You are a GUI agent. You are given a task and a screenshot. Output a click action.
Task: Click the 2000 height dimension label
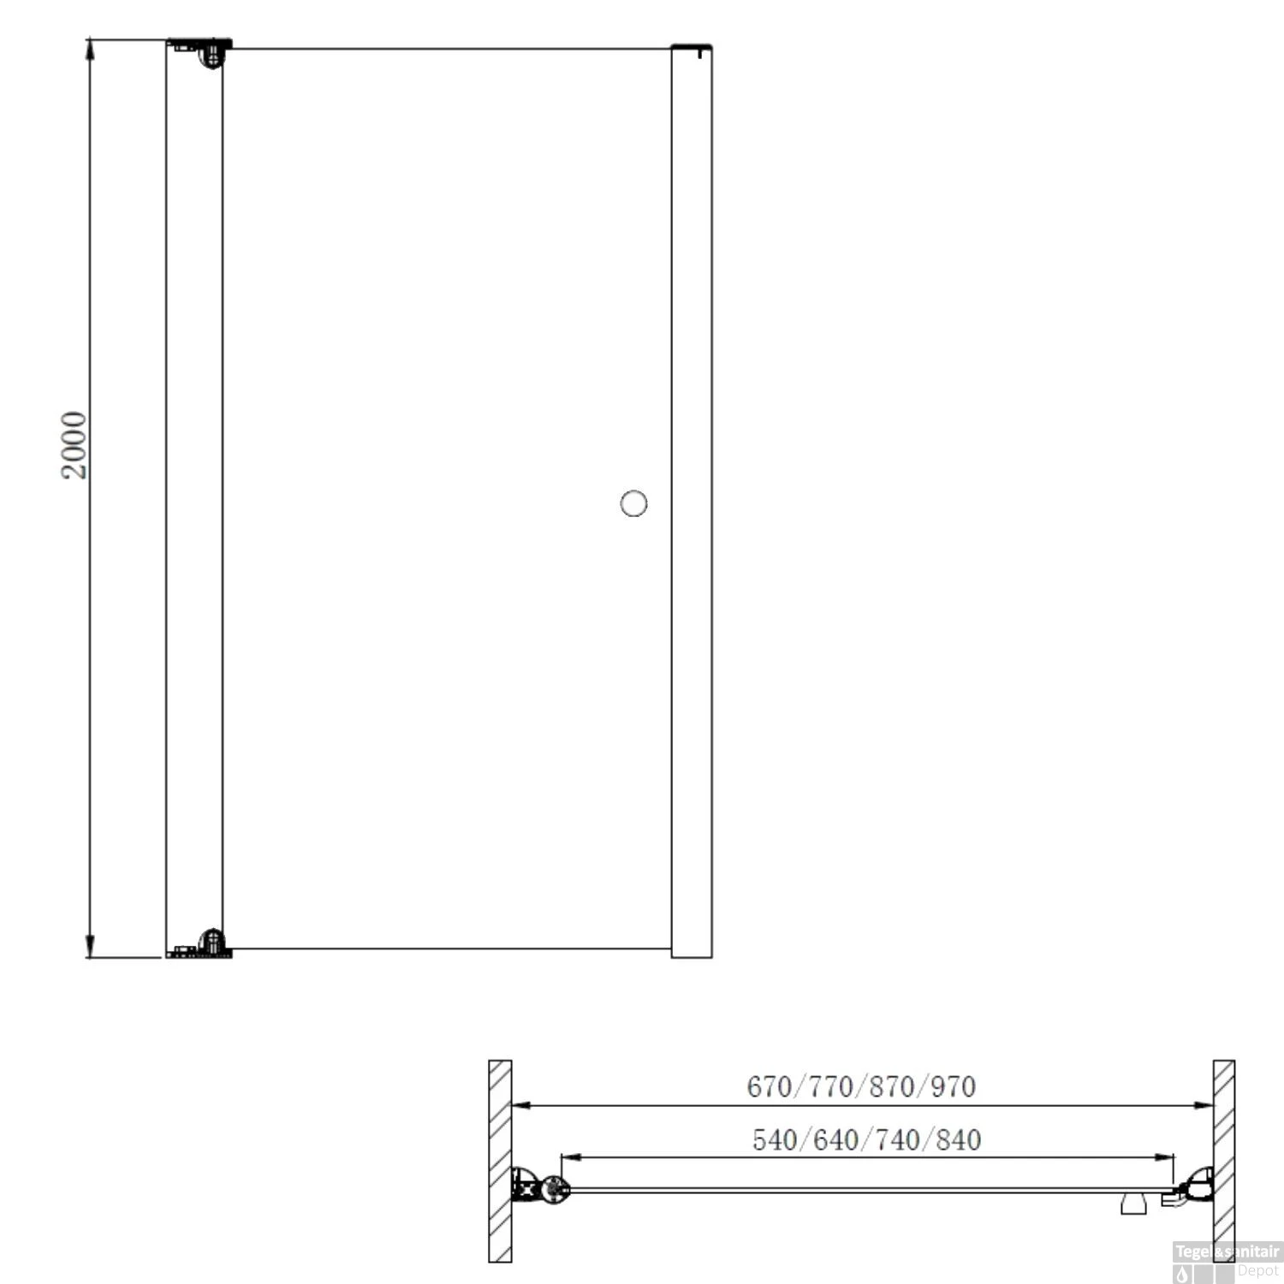click(74, 445)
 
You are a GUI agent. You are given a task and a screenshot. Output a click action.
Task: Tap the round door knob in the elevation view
click(633, 503)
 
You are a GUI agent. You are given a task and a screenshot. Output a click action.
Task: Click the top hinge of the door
click(211, 54)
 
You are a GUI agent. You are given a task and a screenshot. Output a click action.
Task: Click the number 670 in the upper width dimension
click(769, 1086)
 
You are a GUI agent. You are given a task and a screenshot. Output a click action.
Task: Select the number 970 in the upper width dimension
click(953, 1086)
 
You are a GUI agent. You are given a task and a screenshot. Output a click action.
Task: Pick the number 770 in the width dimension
click(830, 1086)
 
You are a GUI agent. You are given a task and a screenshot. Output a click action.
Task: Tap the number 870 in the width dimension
click(892, 1086)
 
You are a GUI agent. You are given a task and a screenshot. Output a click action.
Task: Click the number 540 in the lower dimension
click(775, 1139)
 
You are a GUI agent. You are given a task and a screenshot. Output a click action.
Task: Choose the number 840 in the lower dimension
click(959, 1139)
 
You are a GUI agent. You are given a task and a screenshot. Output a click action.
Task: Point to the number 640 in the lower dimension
click(835, 1139)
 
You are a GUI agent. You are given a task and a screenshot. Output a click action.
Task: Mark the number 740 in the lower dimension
click(897, 1139)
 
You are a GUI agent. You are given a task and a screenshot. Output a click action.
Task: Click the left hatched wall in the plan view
click(500, 1160)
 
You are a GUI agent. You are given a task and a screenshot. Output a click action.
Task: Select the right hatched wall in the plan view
click(1223, 1160)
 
